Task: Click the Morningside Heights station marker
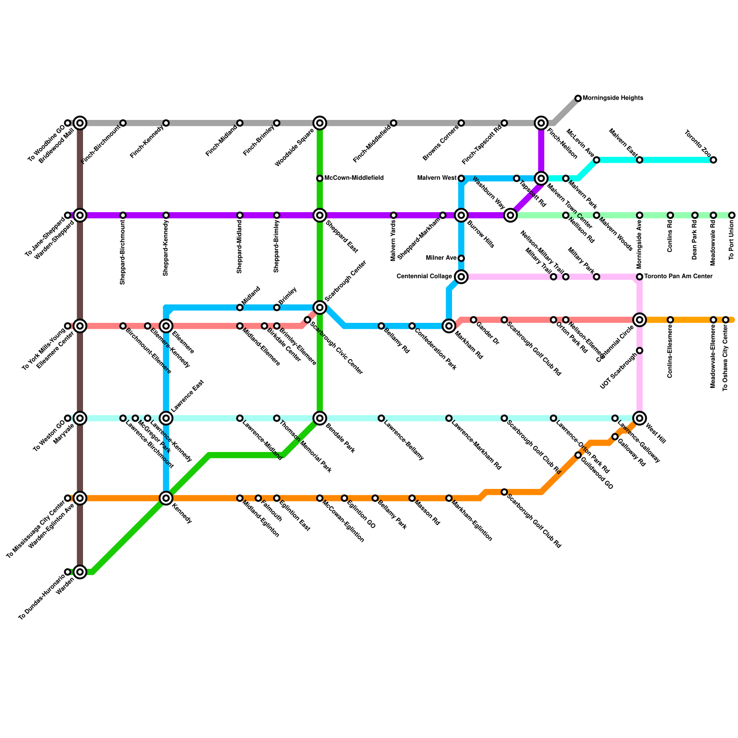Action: coord(578,98)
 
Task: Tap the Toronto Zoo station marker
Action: coord(713,160)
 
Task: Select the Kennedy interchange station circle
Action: coord(166,498)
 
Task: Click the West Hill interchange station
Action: coord(639,418)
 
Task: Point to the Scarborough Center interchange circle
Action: coord(320,308)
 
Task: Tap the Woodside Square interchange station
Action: coord(320,123)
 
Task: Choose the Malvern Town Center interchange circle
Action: coord(541,179)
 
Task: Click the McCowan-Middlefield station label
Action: coord(354,178)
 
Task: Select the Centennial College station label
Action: coord(424,277)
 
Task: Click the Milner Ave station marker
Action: coord(461,258)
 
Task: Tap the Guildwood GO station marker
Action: coord(578,456)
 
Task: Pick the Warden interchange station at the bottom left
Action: coord(80,572)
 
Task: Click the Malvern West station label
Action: coord(437,178)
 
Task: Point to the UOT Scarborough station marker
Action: coord(639,351)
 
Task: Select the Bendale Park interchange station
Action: coord(320,418)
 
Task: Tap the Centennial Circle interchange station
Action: coord(639,320)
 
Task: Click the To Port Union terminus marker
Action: coord(732,215)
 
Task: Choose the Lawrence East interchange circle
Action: coord(166,418)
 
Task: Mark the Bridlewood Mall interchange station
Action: coord(80,123)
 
